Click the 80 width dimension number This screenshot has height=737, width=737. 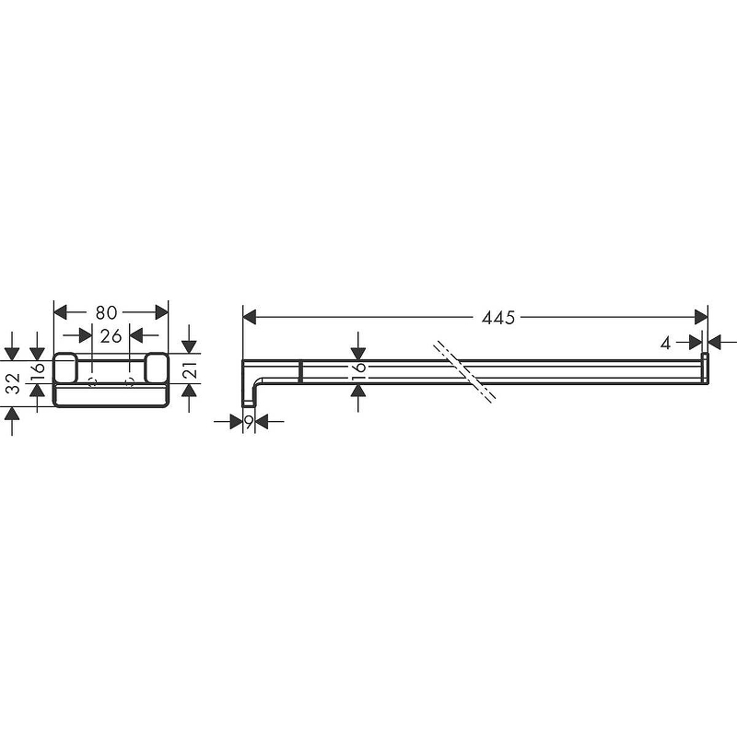tap(111, 310)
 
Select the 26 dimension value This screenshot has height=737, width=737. tap(111, 336)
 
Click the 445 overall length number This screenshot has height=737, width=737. tap(498, 318)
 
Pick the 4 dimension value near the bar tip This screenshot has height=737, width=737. tap(666, 343)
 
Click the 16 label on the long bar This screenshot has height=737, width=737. tap(359, 371)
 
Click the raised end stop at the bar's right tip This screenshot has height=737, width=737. tap(706, 365)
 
